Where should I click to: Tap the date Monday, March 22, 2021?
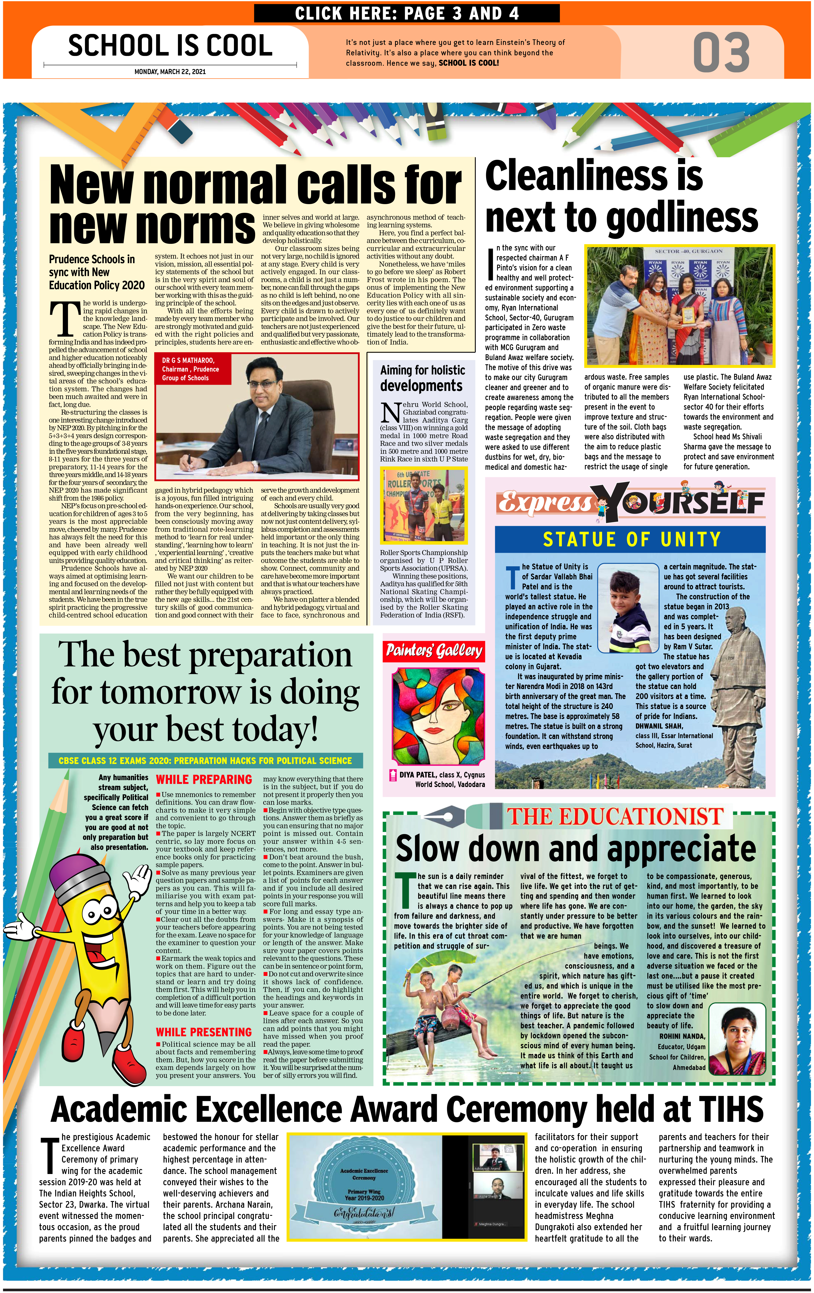(170, 71)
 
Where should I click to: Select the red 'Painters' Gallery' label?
(434, 651)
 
